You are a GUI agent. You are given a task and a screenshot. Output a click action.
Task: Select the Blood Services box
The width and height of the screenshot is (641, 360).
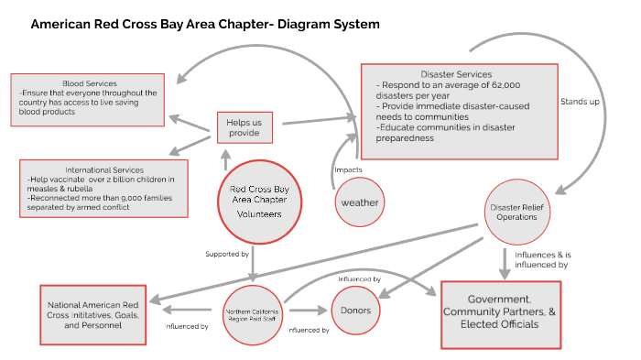pyautogui.click(x=88, y=98)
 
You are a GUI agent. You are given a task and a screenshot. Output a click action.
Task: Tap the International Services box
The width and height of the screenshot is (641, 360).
pyautogui.click(x=103, y=187)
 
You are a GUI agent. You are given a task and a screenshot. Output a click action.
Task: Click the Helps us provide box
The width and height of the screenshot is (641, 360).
pyautogui.click(x=244, y=127)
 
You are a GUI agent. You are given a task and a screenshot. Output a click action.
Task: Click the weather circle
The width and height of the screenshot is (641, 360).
pyautogui.click(x=359, y=202)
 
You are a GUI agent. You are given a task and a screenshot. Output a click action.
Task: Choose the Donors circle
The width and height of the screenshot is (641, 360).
pyautogui.click(x=355, y=311)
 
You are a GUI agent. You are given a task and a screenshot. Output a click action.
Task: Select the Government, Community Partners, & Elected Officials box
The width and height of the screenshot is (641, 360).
pyautogui.click(x=501, y=313)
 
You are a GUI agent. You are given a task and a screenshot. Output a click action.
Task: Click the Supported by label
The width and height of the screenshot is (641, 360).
pyautogui.click(x=228, y=252)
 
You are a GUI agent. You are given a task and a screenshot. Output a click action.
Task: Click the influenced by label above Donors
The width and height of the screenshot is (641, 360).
pyautogui.click(x=360, y=278)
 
